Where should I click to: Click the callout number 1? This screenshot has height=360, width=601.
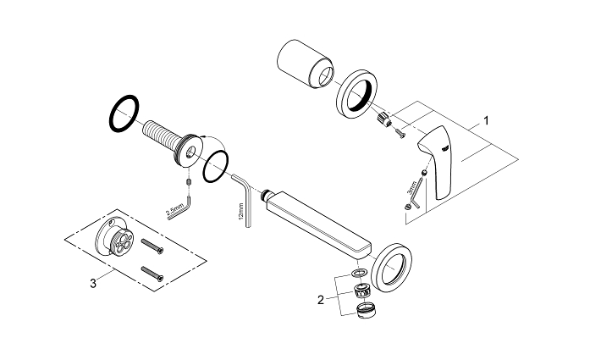point(486,121)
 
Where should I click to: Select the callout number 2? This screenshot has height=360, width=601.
point(321,298)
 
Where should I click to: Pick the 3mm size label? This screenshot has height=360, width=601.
point(412,186)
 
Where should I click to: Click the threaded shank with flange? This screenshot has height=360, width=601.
point(169,140)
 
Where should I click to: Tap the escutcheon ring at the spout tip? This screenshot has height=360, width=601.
point(396,269)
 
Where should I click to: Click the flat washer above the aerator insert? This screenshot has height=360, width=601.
point(358,273)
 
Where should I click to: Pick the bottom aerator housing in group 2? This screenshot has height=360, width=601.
point(367,309)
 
